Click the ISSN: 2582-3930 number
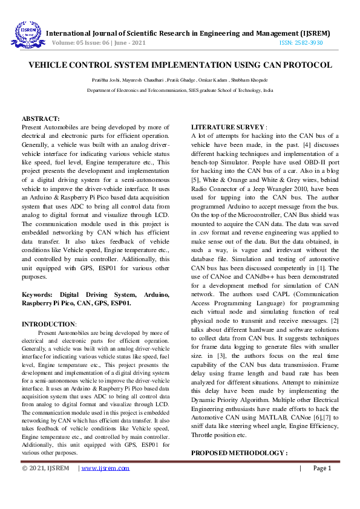point(301,44)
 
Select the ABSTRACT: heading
point(41,119)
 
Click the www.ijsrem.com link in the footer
point(106,468)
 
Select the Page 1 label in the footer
point(322,468)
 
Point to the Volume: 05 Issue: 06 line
point(99,44)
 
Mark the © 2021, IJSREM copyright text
point(45,468)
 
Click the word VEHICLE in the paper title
point(51,65)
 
